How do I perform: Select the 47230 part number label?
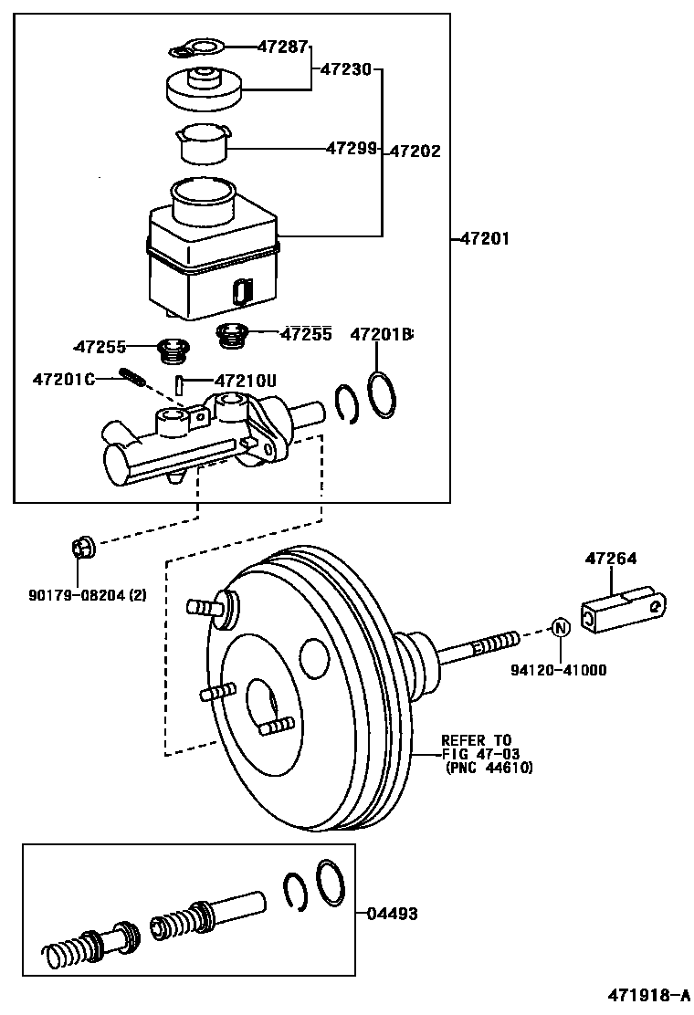(345, 68)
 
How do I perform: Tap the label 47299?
(352, 147)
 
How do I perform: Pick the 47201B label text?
(382, 335)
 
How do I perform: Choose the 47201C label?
(64, 378)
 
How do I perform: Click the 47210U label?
(245, 380)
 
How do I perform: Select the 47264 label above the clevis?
(611, 559)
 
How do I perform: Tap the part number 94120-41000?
(558, 669)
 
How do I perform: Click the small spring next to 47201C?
(132, 376)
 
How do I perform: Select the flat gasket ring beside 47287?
(197, 48)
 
